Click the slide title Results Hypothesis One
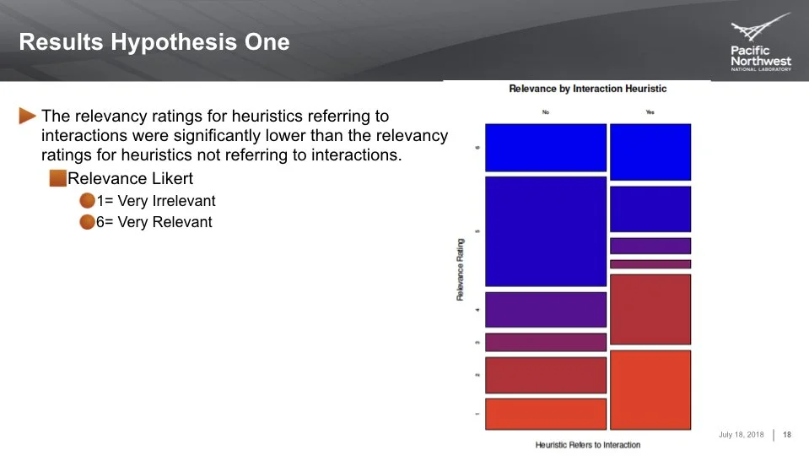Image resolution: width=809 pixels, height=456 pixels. tap(154, 42)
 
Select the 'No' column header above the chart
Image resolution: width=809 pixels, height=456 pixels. tap(546, 111)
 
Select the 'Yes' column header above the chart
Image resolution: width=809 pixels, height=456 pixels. tap(650, 111)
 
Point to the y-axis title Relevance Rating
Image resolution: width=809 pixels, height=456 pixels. tap(461, 269)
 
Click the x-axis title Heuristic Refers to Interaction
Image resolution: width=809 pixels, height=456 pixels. tap(587, 444)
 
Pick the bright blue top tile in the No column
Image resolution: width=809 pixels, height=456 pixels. tap(546, 148)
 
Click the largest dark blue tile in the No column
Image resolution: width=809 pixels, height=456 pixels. tap(546, 231)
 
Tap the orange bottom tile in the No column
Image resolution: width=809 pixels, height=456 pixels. tap(546, 414)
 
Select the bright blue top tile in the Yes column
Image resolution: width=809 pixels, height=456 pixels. tap(650, 152)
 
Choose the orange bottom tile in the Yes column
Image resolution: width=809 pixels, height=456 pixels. tap(650, 389)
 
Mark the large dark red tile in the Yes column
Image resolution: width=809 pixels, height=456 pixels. tap(650, 309)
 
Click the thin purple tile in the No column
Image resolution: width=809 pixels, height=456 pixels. tap(546, 342)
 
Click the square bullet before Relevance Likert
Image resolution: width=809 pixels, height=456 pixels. tap(57, 178)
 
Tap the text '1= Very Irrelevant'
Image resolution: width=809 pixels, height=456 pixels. tap(156, 201)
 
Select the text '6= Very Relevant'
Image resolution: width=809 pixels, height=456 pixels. tap(154, 222)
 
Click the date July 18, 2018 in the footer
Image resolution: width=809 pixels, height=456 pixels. tap(741, 435)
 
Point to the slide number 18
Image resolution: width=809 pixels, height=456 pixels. tap(787, 435)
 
